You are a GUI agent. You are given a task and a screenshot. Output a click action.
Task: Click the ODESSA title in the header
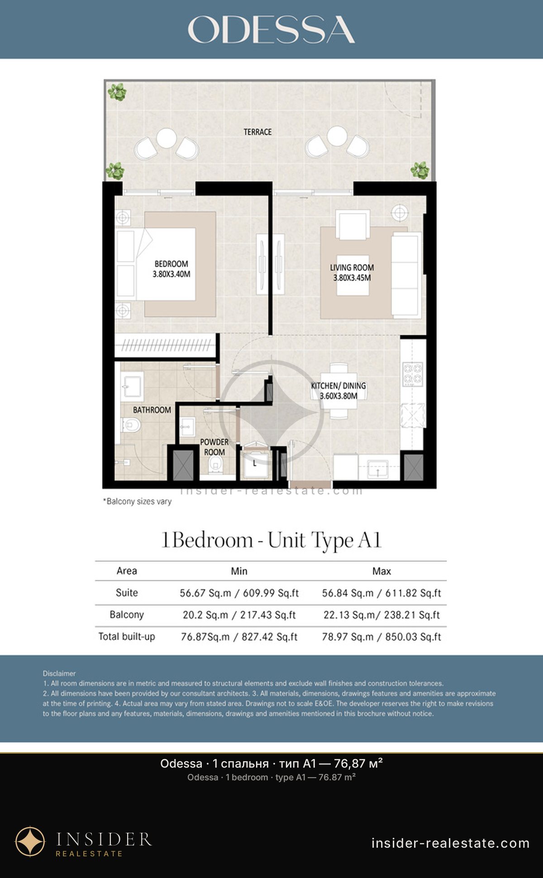point(271,30)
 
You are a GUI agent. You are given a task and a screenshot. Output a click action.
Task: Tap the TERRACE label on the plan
point(257,132)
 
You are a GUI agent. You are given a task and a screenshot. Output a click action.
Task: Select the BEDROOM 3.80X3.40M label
point(171,269)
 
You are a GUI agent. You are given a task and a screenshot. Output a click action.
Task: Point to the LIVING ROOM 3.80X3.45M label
point(352,272)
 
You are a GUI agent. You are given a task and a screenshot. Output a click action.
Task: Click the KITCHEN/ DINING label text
point(338,386)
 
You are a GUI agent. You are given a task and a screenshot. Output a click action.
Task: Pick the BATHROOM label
point(152,410)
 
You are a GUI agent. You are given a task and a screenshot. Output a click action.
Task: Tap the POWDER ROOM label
point(214,447)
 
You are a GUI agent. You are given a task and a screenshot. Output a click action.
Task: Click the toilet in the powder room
point(217,463)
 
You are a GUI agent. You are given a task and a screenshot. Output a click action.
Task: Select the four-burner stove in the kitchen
point(413,374)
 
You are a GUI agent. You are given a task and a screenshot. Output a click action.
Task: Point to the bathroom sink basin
point(132,387)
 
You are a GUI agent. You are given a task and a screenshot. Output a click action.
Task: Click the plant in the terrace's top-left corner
point(117,92)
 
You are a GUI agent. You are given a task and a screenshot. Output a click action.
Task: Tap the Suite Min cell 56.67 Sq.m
point(239,593)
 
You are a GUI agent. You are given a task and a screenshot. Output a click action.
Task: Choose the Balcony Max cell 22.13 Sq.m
point(381,615)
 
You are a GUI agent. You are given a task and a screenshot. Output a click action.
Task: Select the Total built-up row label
point(127,636)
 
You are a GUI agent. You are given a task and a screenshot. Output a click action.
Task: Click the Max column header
point(381,571)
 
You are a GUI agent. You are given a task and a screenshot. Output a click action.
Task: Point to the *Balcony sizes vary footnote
point(137,501)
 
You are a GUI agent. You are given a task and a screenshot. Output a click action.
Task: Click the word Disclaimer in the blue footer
point(59,674)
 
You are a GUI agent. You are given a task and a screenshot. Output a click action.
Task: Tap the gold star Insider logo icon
point(30,842)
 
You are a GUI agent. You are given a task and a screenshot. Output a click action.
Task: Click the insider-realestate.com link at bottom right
point(450,843)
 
